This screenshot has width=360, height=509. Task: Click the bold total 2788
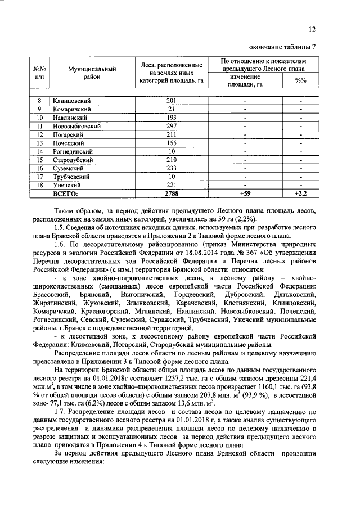172,194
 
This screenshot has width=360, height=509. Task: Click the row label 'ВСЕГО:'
66,194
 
